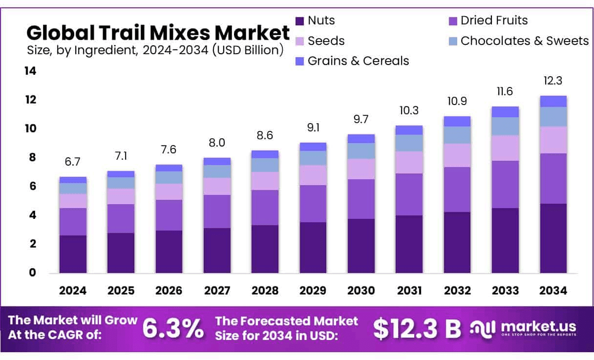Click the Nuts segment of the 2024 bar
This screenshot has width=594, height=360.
[73, 254]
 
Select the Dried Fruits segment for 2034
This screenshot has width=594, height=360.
[553, 178]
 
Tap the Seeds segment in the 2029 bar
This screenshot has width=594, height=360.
[313, 175]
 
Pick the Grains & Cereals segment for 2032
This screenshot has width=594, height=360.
[457, 121]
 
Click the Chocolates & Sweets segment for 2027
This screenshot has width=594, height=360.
[217, 171]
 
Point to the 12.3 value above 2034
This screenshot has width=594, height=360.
[553, 81]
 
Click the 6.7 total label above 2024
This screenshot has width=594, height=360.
[73, 162]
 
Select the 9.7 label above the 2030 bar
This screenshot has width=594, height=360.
[361, 119]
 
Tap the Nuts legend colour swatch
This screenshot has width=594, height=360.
[300, 21]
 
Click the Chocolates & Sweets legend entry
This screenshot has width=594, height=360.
[524, 41]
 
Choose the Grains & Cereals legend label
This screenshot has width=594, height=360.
[358, 61]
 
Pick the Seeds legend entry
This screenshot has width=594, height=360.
[326, 41]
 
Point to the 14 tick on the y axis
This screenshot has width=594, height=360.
[30, 71]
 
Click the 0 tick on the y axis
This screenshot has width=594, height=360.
[33, 273]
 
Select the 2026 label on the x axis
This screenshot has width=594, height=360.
[169, 291]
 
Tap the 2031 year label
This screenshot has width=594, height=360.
[409, 291]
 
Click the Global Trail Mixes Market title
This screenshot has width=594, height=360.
[158, 33]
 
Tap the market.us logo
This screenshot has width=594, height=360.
[523, 328]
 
